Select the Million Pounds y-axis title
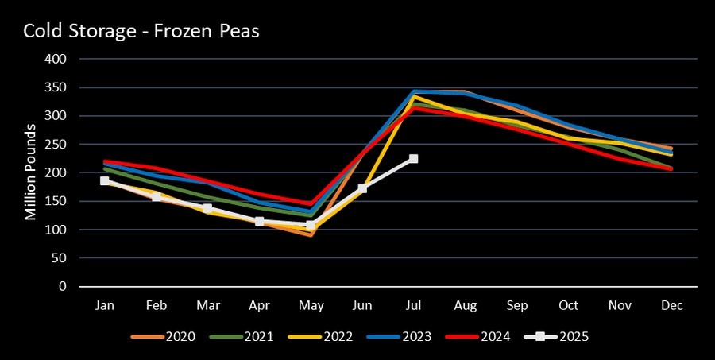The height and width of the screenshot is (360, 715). pos(31,172)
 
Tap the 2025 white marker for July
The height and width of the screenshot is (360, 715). pos(414,159)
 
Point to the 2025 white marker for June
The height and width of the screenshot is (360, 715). pos(362,188)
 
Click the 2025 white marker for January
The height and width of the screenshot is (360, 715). pos(105,181)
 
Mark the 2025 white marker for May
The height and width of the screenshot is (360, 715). pos(311,225)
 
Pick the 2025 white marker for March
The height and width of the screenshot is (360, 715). pos(207,208)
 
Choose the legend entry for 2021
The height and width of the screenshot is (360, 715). pos(242,336)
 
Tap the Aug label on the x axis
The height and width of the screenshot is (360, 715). pos(466,305)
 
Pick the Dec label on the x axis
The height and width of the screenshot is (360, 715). pos(672,305)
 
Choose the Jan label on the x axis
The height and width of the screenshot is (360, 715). pos(105,305)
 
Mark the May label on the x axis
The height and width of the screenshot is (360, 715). pos(311,305)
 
